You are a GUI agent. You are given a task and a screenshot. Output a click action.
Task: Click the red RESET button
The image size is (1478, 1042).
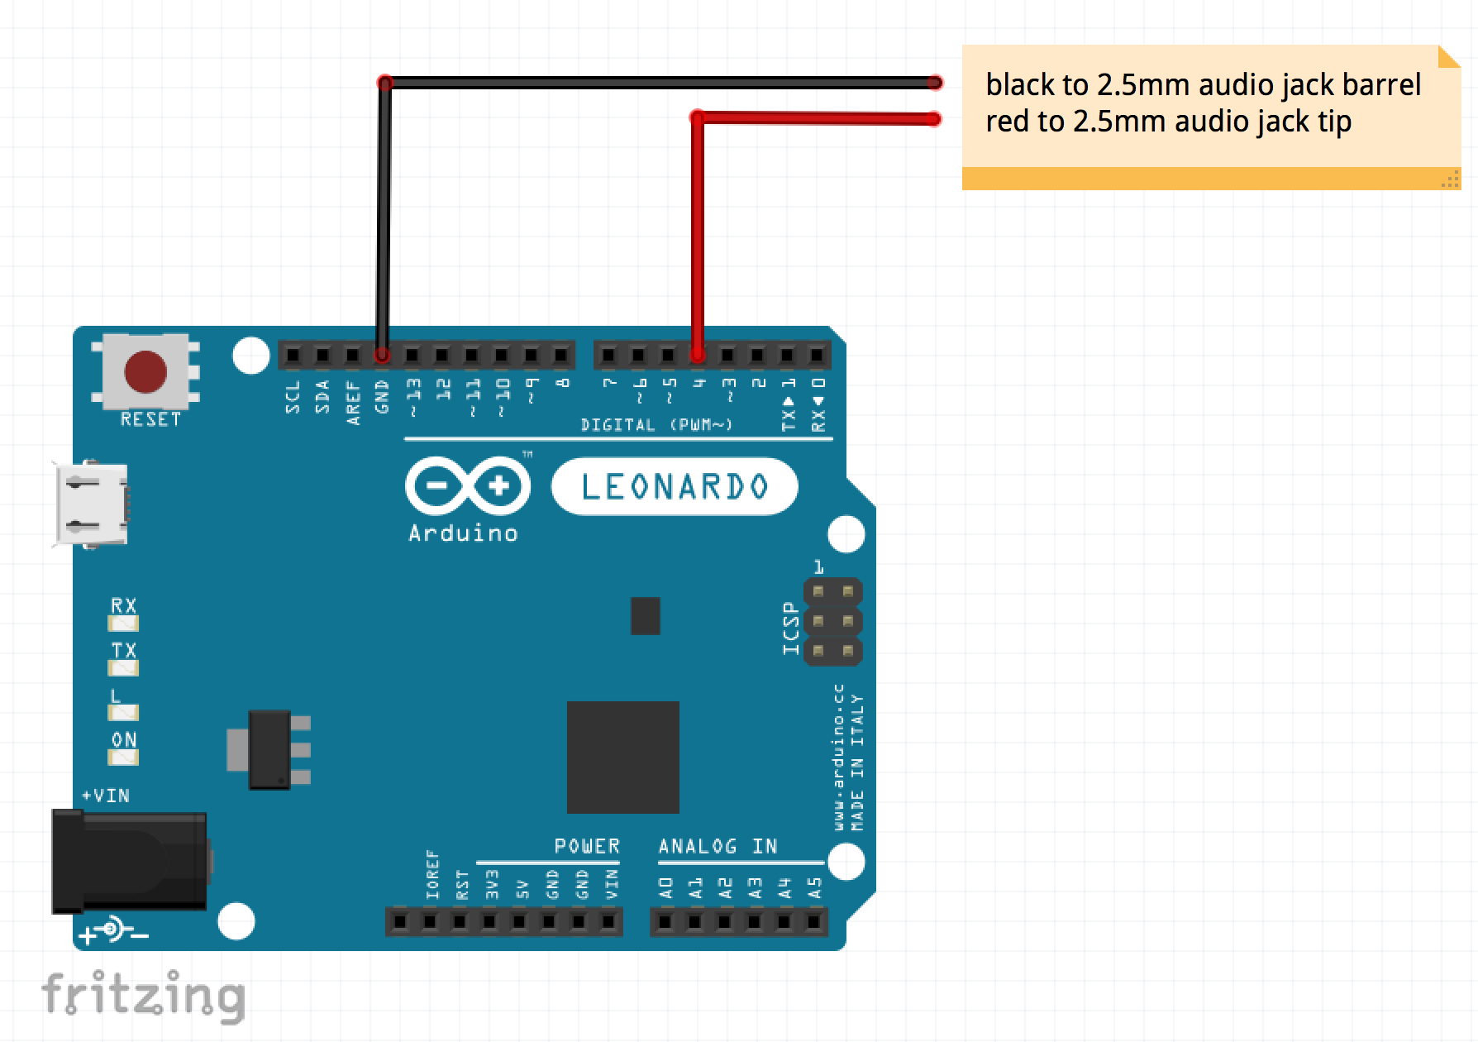tap(145, 371)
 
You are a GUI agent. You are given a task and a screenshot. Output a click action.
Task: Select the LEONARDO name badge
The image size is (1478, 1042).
tap(675, 486)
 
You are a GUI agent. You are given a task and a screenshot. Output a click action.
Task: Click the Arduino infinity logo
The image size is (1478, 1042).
tap(468, 486)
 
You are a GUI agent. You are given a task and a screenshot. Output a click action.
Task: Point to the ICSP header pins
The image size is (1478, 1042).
tap(832, 621)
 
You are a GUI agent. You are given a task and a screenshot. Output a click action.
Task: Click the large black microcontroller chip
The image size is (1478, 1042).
tap(622, 757)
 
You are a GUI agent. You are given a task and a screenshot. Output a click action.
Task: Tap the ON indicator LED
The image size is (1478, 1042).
tap(124, 757)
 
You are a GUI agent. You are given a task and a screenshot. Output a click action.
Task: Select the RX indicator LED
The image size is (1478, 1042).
tap(124, 624)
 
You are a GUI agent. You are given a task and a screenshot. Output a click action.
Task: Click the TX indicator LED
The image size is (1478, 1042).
tap(124, 667)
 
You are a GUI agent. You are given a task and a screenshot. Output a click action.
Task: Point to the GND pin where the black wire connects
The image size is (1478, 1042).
tap(382, 356)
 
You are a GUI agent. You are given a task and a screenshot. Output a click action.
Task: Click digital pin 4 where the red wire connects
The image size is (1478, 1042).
tap(698, 356)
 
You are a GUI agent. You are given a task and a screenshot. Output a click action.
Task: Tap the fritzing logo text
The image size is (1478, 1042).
tap(144, 995)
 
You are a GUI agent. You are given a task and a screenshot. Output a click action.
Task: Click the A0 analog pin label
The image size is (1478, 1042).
tap(666, 888)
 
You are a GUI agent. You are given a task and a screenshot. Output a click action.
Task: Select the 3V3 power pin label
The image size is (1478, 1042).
tap(493, 883)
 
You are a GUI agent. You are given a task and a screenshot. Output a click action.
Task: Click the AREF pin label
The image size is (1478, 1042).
tap(354, 402)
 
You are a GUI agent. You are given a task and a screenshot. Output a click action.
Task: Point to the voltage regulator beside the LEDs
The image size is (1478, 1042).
tap(269, 749)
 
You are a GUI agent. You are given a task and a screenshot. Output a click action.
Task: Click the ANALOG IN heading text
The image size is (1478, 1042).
tap(718, 846)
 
